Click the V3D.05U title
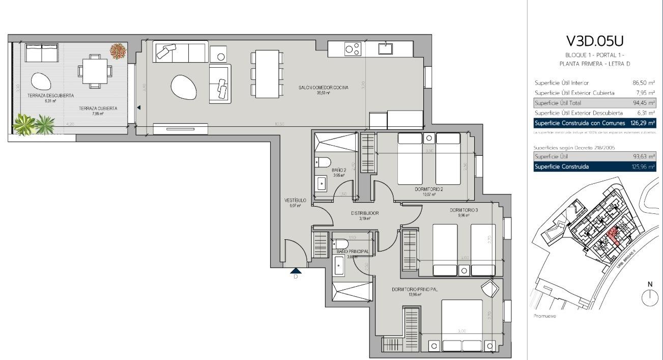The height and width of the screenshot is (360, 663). [594, 40]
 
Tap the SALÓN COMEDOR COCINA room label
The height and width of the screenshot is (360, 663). [324, 88]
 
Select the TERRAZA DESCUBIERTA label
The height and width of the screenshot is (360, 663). [43, 96]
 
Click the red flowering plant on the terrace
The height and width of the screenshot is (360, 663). [118, 50]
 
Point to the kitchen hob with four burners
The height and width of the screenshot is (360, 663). [353, 49]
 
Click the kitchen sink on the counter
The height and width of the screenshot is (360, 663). [385, 49]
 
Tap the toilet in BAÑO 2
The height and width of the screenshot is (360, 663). [324, 162]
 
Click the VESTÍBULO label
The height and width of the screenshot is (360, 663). [295, 201]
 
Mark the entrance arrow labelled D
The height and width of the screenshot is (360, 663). [296, 271]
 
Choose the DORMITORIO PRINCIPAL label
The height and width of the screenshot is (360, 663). [415, 289]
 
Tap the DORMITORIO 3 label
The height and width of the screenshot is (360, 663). [464, 210]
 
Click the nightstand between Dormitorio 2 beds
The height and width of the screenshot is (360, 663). [429, 137]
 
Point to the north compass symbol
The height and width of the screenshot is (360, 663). [650, 296]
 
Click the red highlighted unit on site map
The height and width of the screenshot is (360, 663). [613, 236]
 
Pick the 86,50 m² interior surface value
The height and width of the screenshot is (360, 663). [643, 82]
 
